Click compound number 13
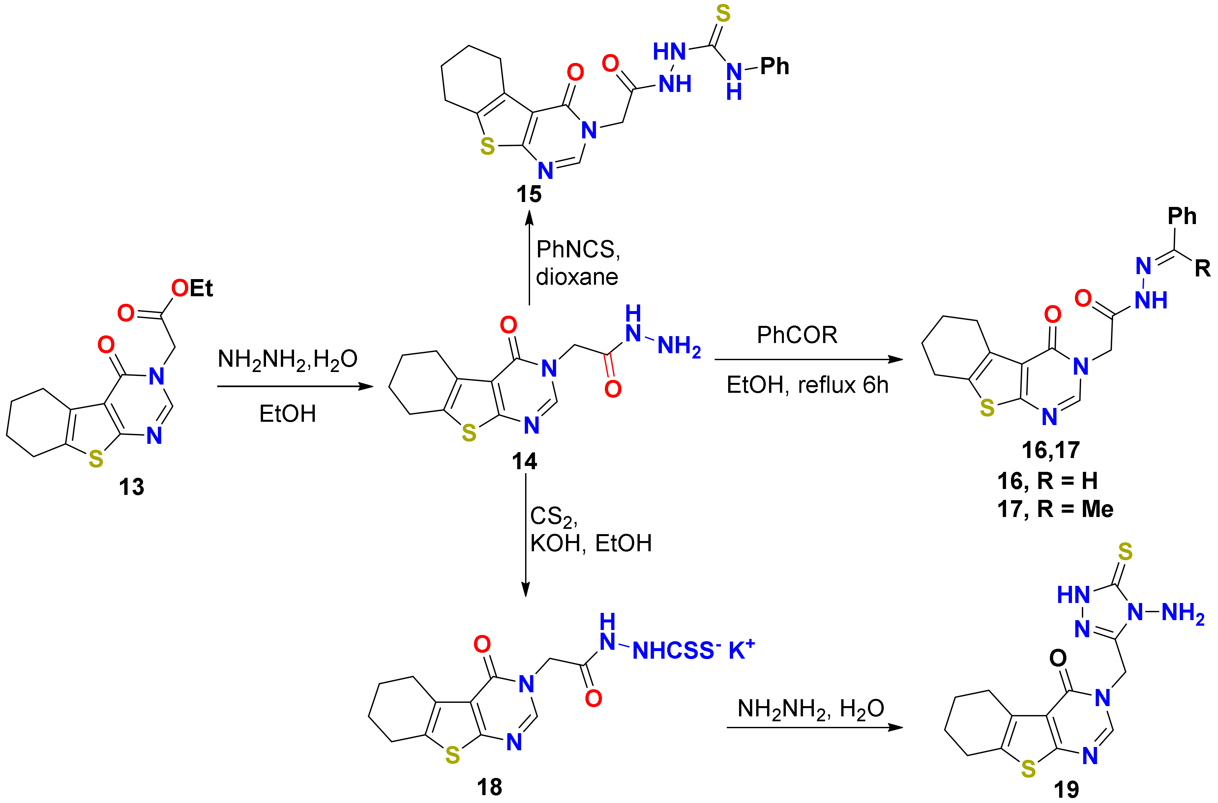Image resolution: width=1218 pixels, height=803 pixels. (x=132, y=487)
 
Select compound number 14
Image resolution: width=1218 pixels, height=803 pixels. (x=524, y=461)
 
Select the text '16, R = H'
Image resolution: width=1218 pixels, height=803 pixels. (x=1048, y=481)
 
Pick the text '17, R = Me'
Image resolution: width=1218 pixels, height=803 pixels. (x=1055, y=509)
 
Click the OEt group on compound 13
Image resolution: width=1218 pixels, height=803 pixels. (x=193, y=288)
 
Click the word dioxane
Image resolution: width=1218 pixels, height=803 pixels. (x=577, y=277)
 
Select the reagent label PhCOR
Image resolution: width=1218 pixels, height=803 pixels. (x=797, y=335)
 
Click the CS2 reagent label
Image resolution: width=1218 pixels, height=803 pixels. (x=553, y=517)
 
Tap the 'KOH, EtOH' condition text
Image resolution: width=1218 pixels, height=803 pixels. (x=591, y=543)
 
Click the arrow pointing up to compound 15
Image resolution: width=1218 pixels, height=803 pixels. (x=529, y=261)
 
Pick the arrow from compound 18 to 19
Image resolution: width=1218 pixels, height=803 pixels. (x=815, y=727)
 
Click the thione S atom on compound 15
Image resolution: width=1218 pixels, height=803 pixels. (x=723, y=14)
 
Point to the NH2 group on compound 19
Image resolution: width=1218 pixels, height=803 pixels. (x=1183, y=613)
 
